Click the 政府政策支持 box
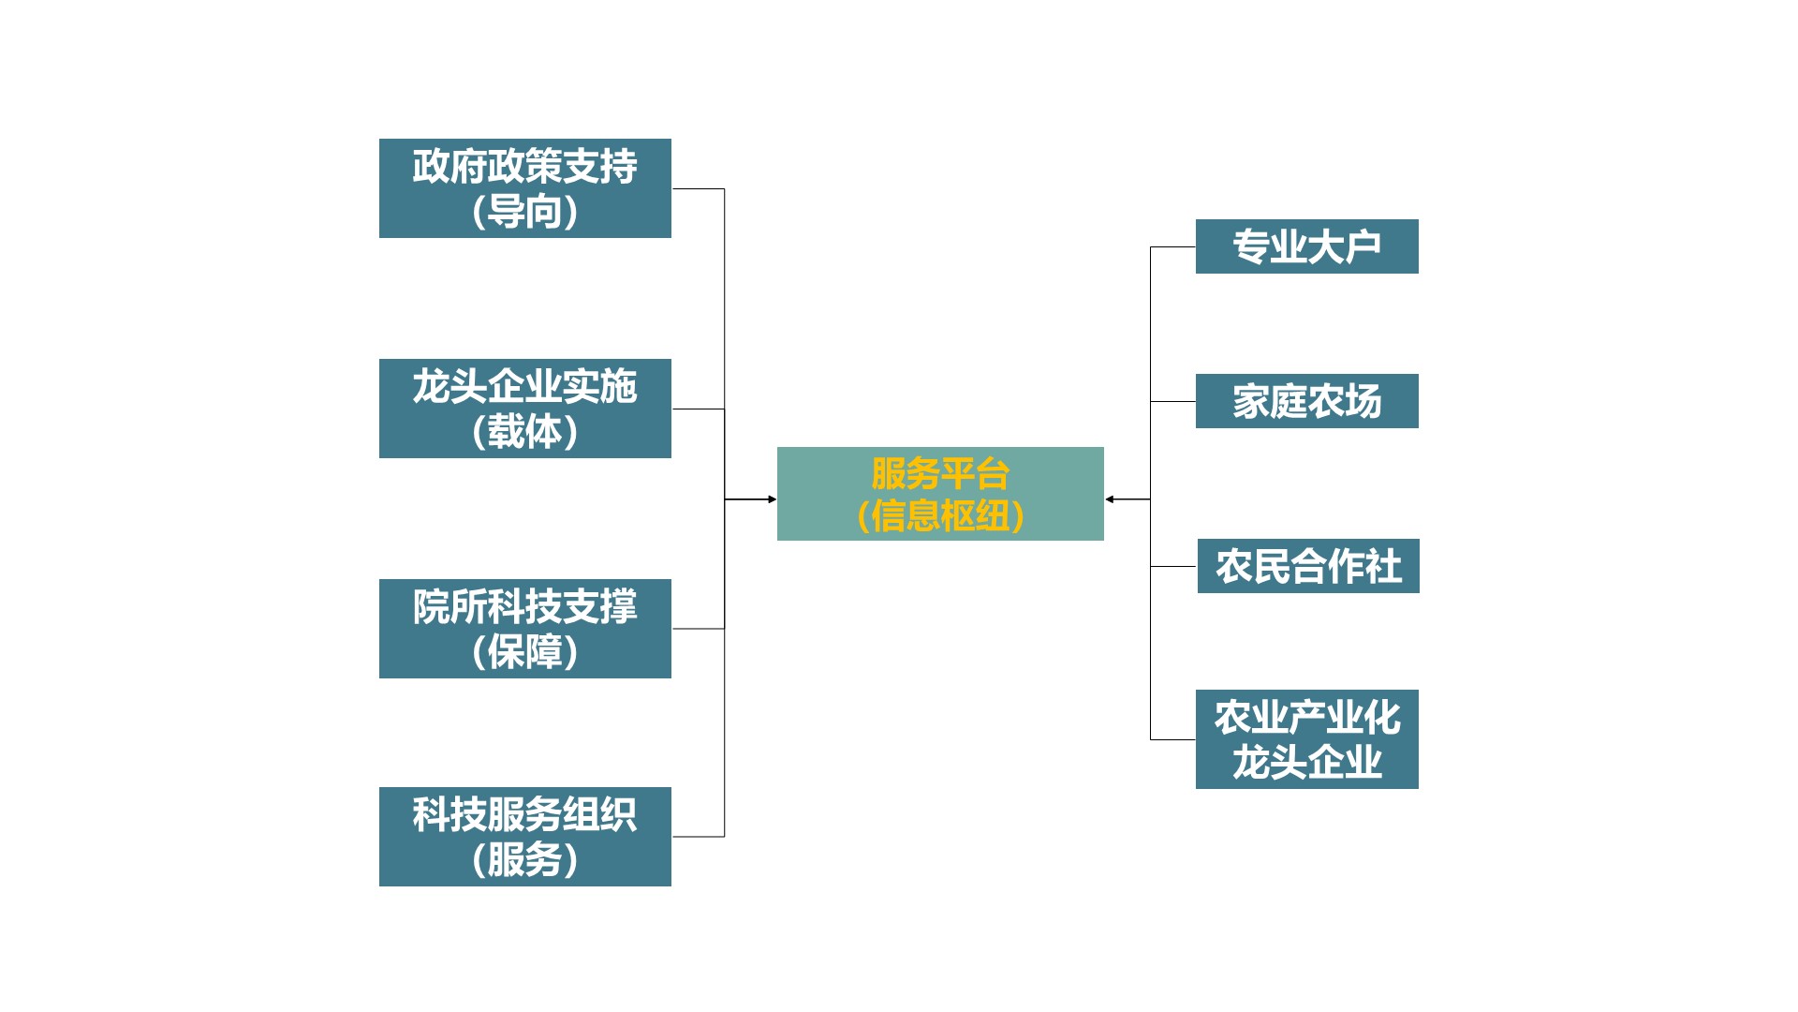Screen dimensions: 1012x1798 click(524, 187)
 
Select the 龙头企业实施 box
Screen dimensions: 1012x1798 click(524, 409)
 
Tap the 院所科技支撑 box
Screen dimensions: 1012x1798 click(524, 629)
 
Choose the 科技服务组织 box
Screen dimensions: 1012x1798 click(524, 837)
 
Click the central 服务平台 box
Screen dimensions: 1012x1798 click(940, 494)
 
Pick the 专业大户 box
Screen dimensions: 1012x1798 click(1306, 246)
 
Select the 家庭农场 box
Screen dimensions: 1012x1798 click(1306, 401)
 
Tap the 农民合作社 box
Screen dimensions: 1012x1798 click(1308, 566)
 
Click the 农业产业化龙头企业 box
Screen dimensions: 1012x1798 click(1306, 739)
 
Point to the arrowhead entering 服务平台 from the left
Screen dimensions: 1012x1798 click(772, 499)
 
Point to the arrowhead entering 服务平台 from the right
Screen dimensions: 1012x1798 click(1110, 499)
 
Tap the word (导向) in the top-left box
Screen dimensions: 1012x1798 click(524, 212)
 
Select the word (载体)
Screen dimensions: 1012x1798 click(524, 432)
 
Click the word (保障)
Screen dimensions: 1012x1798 click(524, 652)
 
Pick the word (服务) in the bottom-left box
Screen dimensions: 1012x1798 click(524, 860)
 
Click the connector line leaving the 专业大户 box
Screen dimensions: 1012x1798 click(1172, 247)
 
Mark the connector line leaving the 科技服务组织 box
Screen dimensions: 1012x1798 click(698, 837)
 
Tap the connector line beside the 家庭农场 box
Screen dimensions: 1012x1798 click(1172, 402)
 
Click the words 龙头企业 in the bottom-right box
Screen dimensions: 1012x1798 click(1306, 763)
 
